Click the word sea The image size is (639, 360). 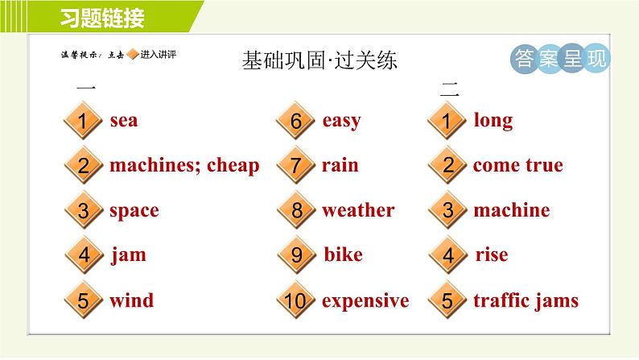click(x=124, y=121)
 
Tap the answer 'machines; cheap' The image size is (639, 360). click(x=184, y=166)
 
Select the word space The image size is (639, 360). click(x=134, y=211)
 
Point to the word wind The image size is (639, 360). click(x=132, y=300)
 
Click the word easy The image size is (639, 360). click(x=341, y=122)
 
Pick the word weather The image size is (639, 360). click(x=358, y=210)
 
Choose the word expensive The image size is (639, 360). click(x=365, y=302)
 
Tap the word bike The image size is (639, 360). click(x=343, y=254)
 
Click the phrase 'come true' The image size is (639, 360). click(x=518, y=166)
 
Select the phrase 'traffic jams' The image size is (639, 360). click(x=526, y=301)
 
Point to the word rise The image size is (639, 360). click(x=492, y=254)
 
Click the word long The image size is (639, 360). click(x=493, y=121)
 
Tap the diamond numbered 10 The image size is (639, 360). click(x=296, y=300)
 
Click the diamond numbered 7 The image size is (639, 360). click(x=296, y=165)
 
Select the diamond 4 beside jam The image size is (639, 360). click(x=84, y=254)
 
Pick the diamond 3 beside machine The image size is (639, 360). click(x=448, y=210)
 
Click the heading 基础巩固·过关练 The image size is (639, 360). click(x=319, y=60)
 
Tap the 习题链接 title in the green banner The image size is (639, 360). click(x=102, y=18)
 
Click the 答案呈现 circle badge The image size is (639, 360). click(x=560, y=59)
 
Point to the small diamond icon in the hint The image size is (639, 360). click(x=133, y=54)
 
